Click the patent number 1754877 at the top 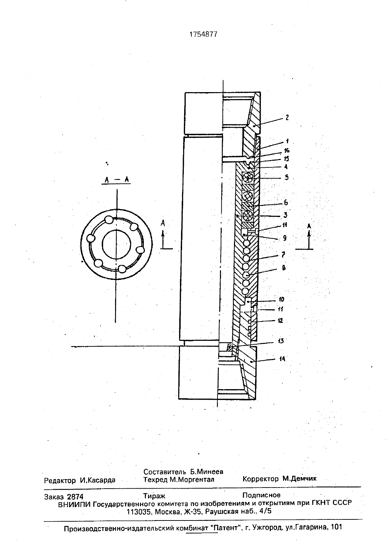click(x=203, y=34)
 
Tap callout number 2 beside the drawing click(x=287, y=118)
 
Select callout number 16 click(x=287, y=150)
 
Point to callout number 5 click(x=287, y=177)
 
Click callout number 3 click(x=285, y=215)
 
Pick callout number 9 click(x=285, y=238)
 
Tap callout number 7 click(x=283, y=255)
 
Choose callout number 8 click(x=283, y=268)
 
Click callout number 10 click(x=281, y=299)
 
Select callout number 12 click(x=280, y=320)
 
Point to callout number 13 click(x=281, y=341)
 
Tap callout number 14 click(x=282, y=359)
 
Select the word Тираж click(x=154, y=496)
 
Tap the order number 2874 click(x=75, y=497)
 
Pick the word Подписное click(x=261, y=495)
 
